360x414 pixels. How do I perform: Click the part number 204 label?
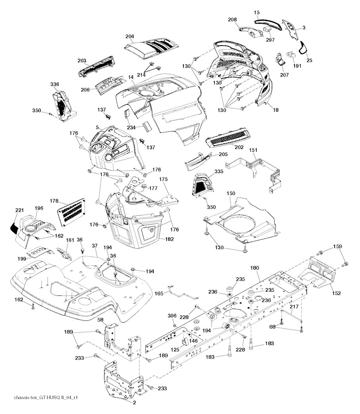[130, 37]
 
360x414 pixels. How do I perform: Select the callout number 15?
[257, 12]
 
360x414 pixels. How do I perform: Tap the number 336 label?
[55, 84]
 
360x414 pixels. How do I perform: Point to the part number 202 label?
[239, 147]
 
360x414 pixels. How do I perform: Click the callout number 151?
[253, 150]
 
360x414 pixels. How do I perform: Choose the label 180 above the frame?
[254, 268]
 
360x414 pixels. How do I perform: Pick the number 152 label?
[336, 293]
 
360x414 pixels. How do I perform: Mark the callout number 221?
[19, 210]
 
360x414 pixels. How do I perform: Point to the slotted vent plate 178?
[72, 212]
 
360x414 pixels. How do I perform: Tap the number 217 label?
[294, 306]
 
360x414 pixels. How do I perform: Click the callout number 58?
[100, 319]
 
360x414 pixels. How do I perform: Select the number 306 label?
[172, 316]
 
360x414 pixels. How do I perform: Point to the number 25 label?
[309, 60]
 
